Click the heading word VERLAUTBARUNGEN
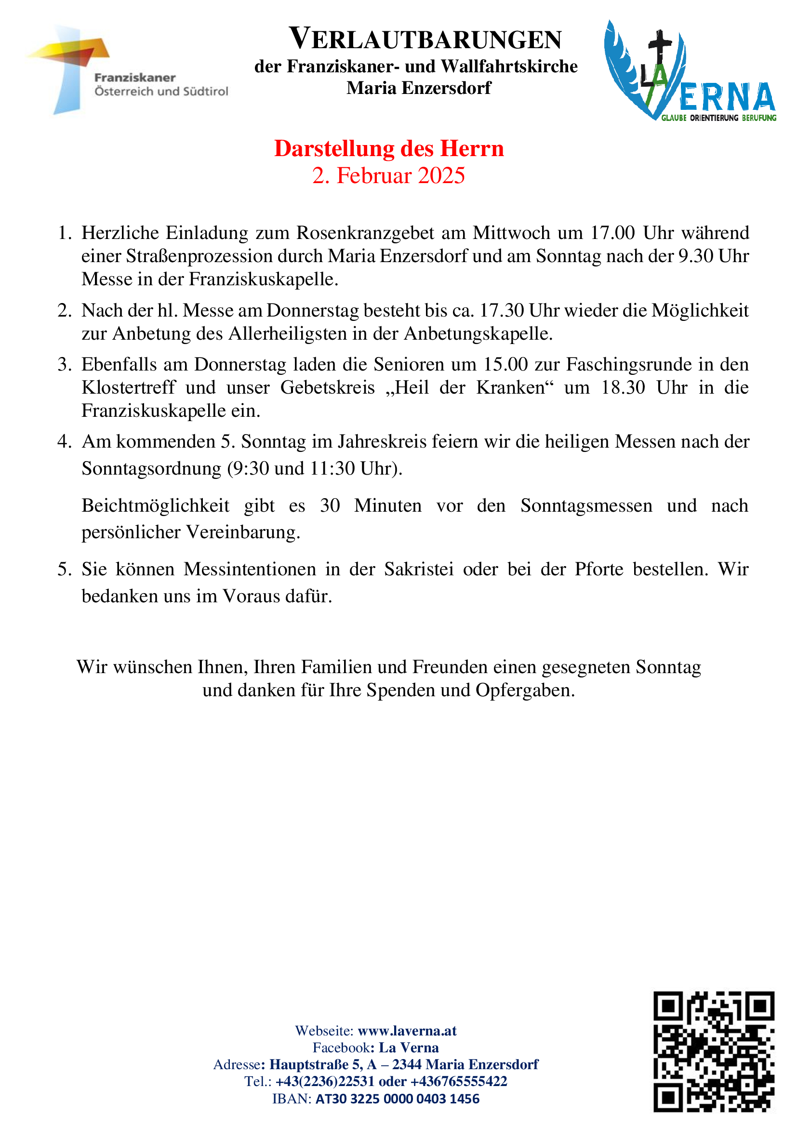pos(425,39)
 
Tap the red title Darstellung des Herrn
pos(389,149)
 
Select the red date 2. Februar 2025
pos(388,176)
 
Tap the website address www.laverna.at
pos(407,1030)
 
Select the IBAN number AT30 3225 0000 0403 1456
pos(397,1099)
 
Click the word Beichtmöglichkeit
pos(155,505)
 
